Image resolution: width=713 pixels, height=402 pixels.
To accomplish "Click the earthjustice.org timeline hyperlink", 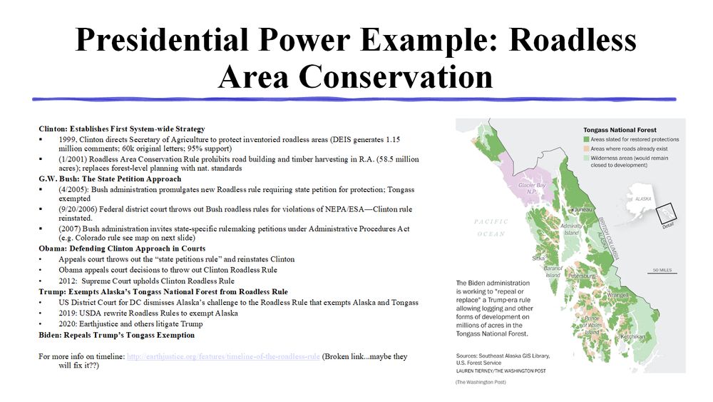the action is [x=223, y=356].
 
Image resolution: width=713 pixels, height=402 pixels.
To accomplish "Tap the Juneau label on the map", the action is [x=584, y=210].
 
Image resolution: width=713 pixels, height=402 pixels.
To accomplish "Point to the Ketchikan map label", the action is [x=633, y=337].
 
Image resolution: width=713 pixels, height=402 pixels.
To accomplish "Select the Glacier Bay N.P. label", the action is [x=532, y=189].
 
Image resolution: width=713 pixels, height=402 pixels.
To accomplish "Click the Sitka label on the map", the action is [x=538, y=258].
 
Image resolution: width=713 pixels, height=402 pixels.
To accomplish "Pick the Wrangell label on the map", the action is [x=617, y=295].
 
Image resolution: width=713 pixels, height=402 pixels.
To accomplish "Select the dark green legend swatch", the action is [x=587, y=139].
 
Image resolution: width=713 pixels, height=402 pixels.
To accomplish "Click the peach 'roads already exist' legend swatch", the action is [x=587, y=149].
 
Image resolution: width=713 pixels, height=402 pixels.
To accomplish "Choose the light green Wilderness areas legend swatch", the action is [x=587, y=158].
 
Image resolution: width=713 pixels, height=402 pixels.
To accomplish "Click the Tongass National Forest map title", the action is [x=620, y=130].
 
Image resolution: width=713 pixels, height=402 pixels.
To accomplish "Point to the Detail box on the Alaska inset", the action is [x=667, y=213].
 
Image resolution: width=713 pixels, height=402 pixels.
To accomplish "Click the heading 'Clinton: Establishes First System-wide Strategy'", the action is [x=122, y=129].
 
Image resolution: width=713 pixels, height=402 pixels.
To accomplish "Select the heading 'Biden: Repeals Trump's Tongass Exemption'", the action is [x=116, y=335].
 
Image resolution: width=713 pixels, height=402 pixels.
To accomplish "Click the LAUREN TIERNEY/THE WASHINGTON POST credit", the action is [x=501, y=371].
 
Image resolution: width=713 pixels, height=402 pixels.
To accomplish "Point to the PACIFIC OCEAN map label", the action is [x=491, y=228].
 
